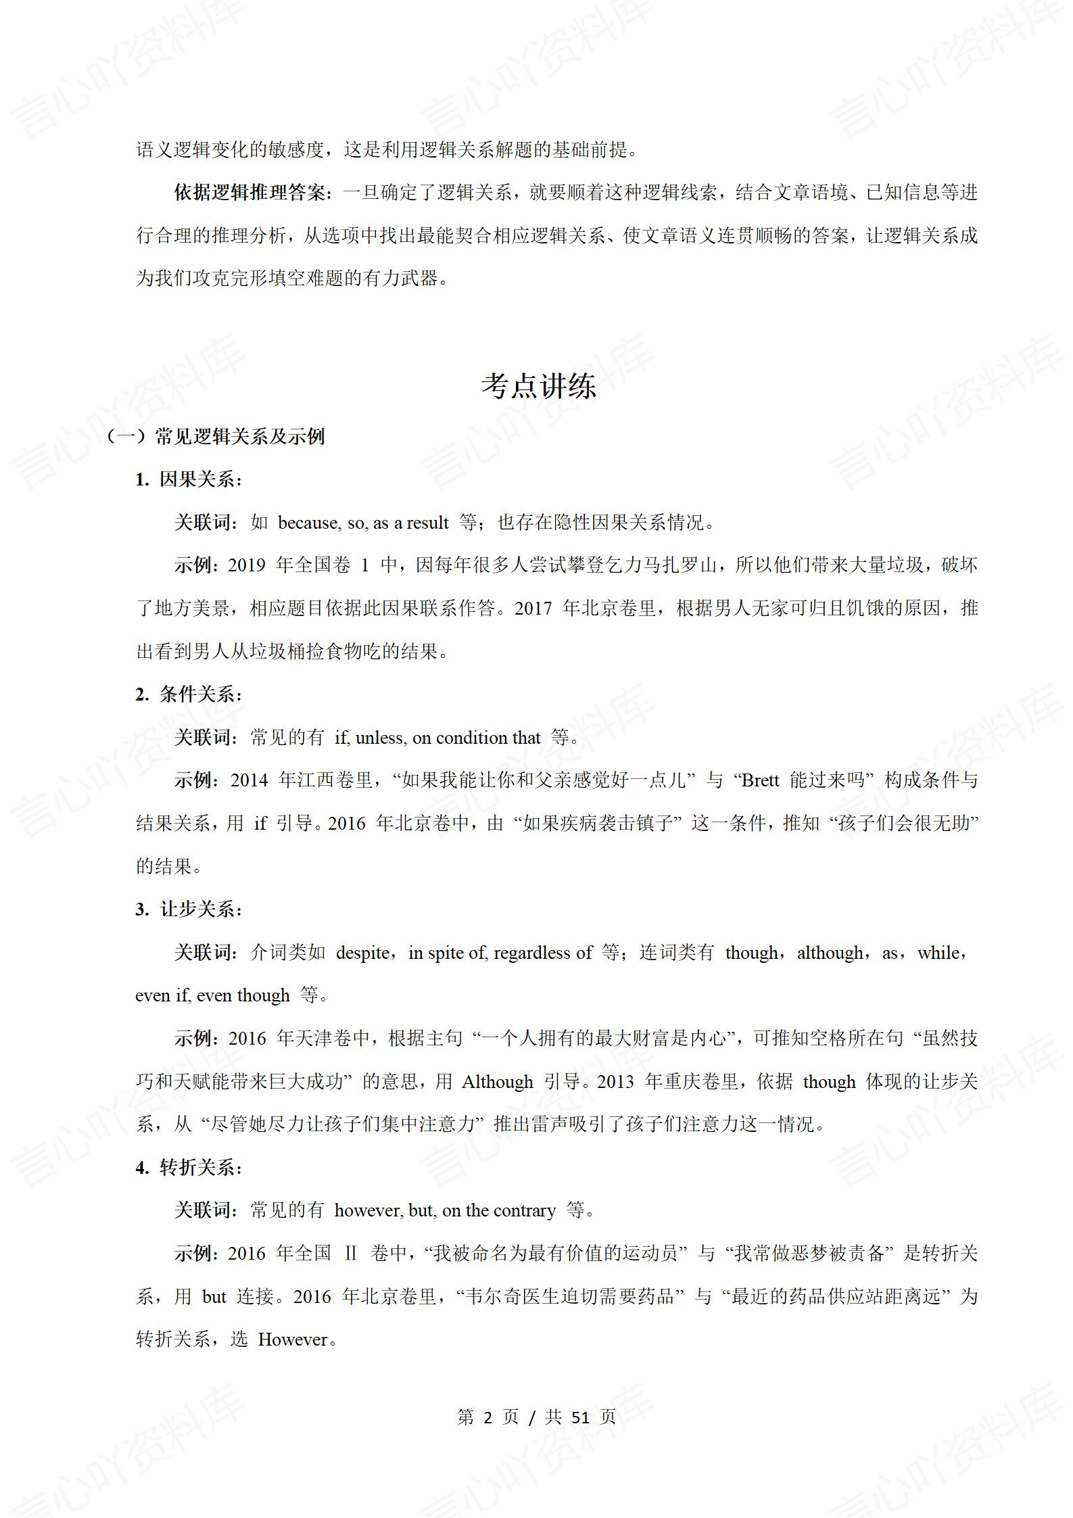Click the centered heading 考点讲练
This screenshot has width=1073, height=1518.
(x=538, y=386)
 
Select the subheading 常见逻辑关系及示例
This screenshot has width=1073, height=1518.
(x=239, y=436)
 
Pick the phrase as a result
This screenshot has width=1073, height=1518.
(x=411, y=523)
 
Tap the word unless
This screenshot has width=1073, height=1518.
(x=380, y=738)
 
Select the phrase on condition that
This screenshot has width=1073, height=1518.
(x=476, y=738)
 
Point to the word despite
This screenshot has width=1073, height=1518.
(x=363, y=953)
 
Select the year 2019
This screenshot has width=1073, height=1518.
(x=247, y=565)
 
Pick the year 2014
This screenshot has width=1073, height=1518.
(x=249, y=780)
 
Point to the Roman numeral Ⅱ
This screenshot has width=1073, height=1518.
(x=350, y=1254)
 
